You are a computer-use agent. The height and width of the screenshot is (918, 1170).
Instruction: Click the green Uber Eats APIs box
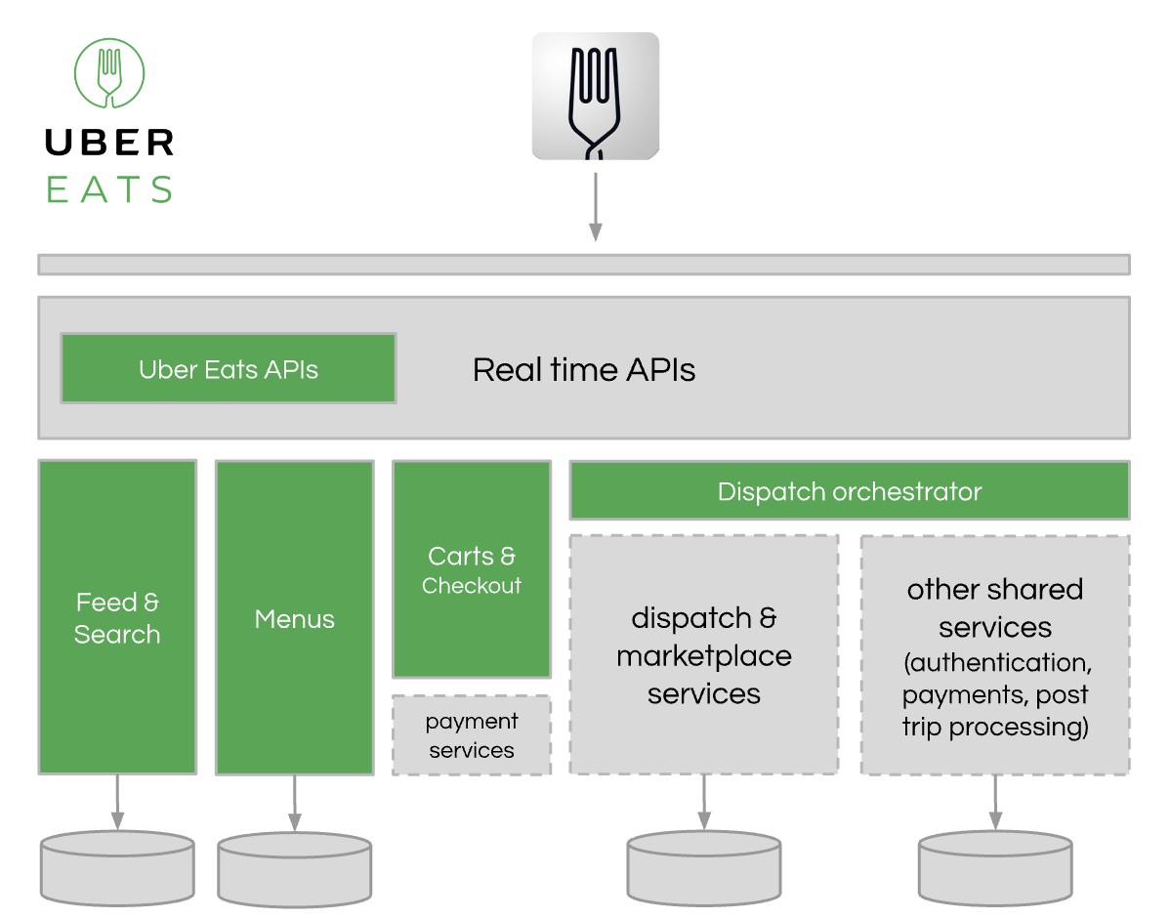(x=229, y=369)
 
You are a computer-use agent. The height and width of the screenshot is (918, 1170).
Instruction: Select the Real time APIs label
(x=584, y=370)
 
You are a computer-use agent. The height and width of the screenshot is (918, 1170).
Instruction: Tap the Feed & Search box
(x=117, y=617)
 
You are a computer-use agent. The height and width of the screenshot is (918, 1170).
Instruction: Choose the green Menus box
(x=294, y=618)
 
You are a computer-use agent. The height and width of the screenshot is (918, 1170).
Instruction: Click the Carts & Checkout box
(x=472, y=569)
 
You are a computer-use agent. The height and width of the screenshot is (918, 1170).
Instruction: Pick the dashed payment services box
(x=472, y=735)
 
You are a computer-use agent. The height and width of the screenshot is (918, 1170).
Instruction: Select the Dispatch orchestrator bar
(x=849, y=491)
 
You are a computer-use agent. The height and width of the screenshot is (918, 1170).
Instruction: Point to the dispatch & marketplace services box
(x=703, y=654)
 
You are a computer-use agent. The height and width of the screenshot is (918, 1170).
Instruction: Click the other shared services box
(x=994, y=655)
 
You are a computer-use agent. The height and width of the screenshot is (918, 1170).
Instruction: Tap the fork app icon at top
(x=595, y=96)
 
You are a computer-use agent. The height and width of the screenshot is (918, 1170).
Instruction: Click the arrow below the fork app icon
(x=595, y=206)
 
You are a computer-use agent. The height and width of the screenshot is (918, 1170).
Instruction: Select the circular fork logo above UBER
(x=109, y=73)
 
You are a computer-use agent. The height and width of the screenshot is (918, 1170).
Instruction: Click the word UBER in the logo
(x=109, y=143)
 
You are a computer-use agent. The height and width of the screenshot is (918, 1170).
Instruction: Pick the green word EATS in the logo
(x=109, y=188)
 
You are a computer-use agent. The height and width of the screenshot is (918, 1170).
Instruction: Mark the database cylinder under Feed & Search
(x=117, y=868)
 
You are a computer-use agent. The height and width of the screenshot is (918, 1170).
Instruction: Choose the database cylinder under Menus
(x=294, y=870)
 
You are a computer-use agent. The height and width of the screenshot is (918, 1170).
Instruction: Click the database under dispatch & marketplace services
(x=703, y=868)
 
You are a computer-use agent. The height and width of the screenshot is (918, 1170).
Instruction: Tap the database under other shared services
(x=995, y=868)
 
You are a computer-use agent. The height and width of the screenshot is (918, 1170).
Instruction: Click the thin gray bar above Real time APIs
(x=583, y=265)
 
